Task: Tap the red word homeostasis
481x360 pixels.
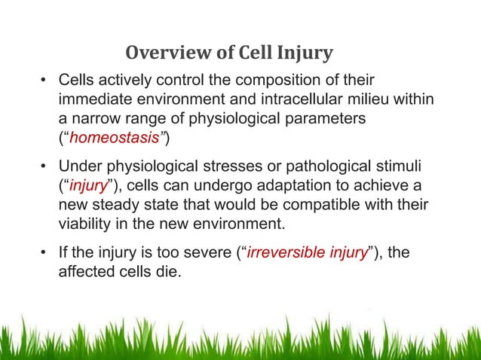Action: coord(103,139)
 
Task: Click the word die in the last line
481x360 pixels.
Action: coord(167,271)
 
